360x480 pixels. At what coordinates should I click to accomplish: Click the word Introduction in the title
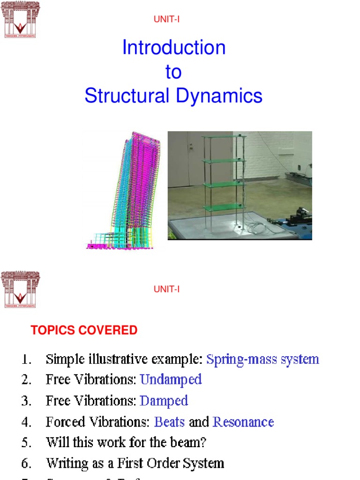[174, 48]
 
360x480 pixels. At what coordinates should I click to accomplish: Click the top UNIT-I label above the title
[167, 19]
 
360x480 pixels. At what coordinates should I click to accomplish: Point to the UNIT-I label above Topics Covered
[167, 289]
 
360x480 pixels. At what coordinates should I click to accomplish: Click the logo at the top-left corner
[20, 19]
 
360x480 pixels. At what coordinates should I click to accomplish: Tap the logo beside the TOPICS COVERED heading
[20, 290]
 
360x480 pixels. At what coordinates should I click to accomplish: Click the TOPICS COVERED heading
[84, 330]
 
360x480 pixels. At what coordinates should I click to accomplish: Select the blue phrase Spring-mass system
[262, 360]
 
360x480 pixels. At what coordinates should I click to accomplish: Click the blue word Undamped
[171, 379]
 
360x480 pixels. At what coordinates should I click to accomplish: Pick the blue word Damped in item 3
[164, 401]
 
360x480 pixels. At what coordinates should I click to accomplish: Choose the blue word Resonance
[243, 422]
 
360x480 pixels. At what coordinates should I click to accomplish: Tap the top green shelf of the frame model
[224, 137]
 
